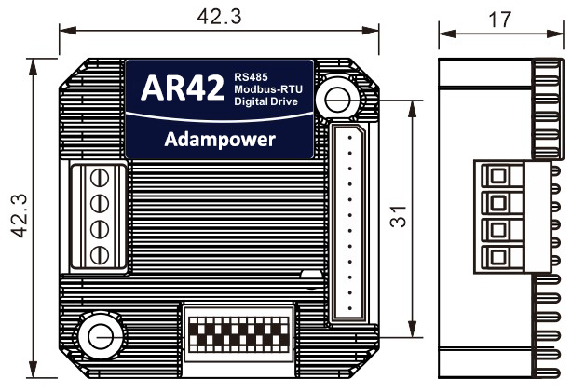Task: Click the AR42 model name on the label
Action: [x=182, y=88]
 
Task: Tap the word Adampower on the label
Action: [x=218, y=140]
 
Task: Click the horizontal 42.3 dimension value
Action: [x=219, y=15]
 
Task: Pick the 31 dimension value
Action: [x=400, y=219]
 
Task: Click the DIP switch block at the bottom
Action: [x=239, y=330]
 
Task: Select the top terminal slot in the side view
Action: [x=499, y=175]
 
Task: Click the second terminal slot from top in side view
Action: [x=499, y=202]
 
